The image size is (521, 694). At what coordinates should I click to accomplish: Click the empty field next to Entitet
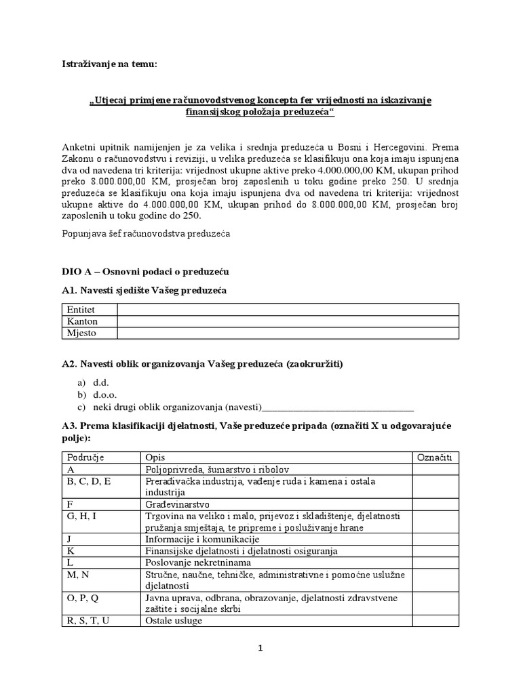pyautogui.click(x=288, y=310)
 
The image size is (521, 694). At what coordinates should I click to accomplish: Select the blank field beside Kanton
pyautogui.click(x=288, y=321)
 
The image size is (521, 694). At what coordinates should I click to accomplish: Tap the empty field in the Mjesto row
pyautogui.click(x=288, y=333)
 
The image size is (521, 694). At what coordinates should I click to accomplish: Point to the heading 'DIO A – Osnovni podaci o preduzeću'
pyautogui.click(x=145, y=272)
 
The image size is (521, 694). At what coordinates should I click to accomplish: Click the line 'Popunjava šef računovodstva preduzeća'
pyautogui.click(x=146, y=234)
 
